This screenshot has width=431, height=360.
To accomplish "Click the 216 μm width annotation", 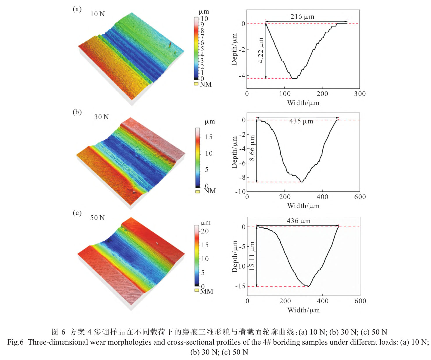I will (x=302, y=17).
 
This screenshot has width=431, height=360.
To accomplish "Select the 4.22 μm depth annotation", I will (x=261, y=50).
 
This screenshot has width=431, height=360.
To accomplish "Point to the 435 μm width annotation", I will (x=301, y=121).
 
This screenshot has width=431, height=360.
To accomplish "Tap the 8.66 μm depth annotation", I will (x=252, y=148).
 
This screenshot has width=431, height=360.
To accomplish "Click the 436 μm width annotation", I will (x=299, y=221).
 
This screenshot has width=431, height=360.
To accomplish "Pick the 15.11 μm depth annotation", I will (x=252, y=256).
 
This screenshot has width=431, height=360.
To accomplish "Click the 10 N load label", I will (x=97, y=14).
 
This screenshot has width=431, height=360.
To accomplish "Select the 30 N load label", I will (x=101, y=117).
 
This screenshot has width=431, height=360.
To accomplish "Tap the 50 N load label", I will (x=97, y=218).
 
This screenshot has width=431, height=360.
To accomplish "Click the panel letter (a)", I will (x=77, y=9).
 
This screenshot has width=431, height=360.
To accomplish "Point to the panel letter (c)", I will (x=77, y=213).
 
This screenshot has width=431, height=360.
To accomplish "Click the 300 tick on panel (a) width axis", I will (x=360, y=94).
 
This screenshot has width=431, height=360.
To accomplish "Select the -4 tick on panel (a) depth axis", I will (x=242, y=76).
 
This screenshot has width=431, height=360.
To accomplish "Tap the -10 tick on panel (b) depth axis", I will (x=241, y=192).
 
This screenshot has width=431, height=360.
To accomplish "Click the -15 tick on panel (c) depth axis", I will (x=241, y=286).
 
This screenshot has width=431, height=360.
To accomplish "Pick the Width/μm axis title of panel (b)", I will (x=303, y=206).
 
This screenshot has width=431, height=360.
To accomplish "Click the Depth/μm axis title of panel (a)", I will (x=234, y=49).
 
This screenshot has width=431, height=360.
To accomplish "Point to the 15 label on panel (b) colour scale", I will (x=209, y=137).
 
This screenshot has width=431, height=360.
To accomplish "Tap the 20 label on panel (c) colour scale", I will (x=205, y=231).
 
